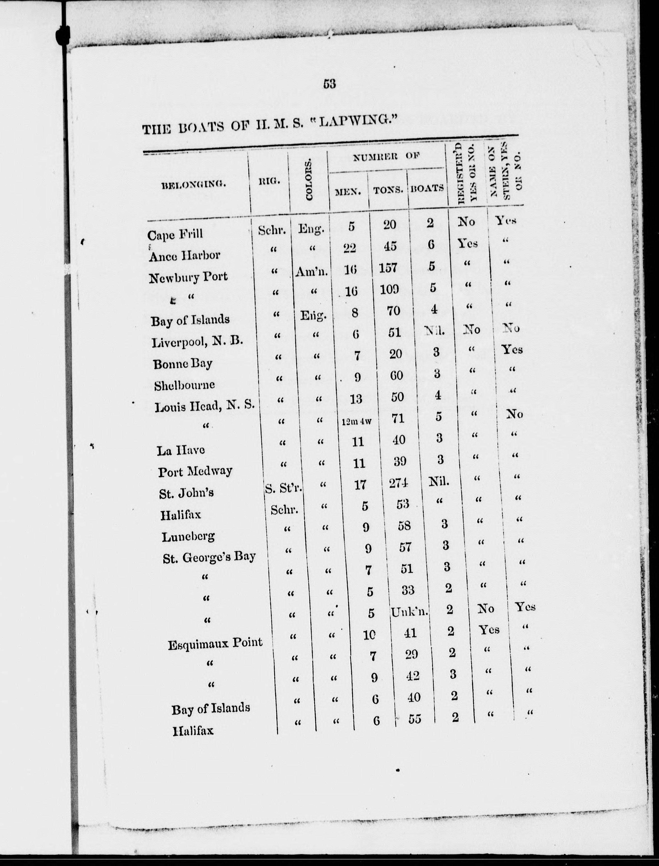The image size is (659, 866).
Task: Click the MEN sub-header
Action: point(348,192)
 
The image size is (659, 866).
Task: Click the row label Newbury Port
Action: point(188,277)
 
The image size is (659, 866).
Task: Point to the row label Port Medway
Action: point(195,471)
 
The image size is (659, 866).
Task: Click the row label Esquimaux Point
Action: point(215,643)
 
